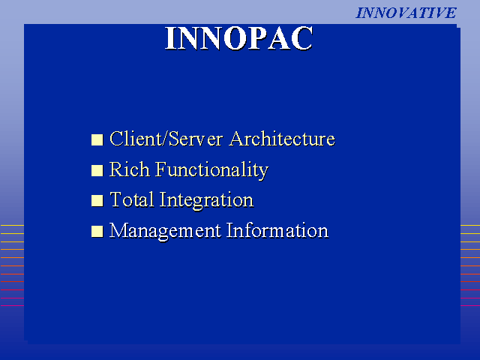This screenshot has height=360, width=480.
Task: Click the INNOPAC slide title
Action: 239,38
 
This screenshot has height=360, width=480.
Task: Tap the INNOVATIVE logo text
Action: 406,13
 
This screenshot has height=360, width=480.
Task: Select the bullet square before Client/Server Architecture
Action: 97,139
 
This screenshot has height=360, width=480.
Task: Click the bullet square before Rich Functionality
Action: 97,170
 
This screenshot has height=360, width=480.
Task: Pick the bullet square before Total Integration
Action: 97,200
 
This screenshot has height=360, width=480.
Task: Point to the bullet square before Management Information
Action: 97,231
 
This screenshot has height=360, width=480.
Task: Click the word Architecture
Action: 282,139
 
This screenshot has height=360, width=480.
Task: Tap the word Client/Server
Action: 166,139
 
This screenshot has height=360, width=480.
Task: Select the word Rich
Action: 130,169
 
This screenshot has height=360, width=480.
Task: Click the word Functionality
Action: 211,170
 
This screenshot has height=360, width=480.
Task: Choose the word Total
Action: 132,199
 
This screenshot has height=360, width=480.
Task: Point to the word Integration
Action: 206,201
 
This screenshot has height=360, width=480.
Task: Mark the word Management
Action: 165,232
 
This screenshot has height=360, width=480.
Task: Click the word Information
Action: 277,230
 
